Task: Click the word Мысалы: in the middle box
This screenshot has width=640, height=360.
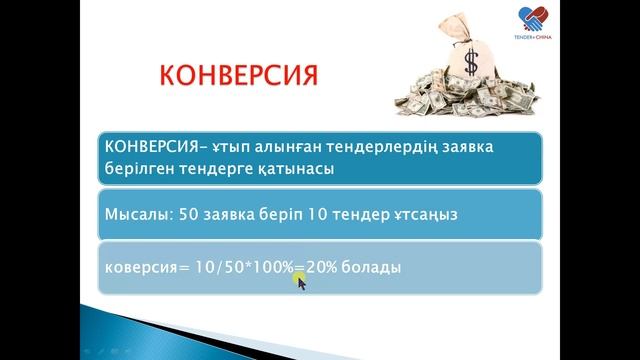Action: coord(139,213)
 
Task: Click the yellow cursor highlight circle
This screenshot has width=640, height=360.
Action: coord(299,280)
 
